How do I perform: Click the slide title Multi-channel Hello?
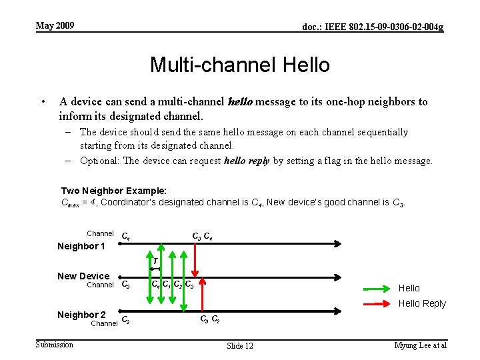240,65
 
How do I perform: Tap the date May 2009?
55,26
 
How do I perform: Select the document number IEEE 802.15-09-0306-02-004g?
373,27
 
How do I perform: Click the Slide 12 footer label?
240,345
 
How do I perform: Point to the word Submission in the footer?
55,345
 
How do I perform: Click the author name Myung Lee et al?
420,345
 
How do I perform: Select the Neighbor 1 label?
81,246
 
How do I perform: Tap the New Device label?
83,276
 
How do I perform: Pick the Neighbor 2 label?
81,314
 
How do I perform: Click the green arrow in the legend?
377,289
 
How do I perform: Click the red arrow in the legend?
377,304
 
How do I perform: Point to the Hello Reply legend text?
421,304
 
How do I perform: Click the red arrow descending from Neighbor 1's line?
195,260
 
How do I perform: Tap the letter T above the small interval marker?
155,261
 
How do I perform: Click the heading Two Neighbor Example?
113,191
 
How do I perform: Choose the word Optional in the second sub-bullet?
100,161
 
